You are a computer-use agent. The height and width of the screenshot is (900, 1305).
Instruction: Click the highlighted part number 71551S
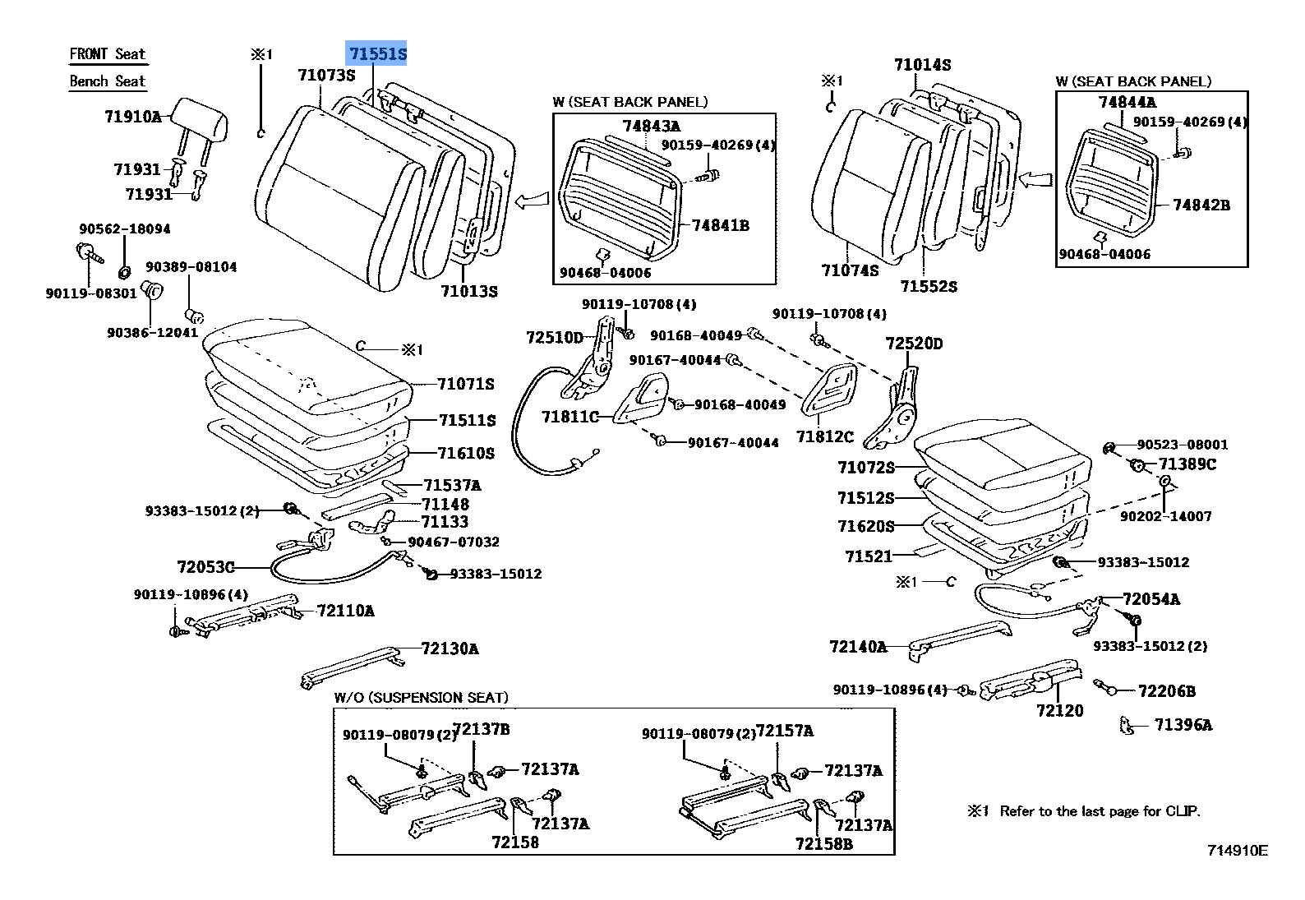point(377,54)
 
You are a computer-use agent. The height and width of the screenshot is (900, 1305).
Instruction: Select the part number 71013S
point(468,291)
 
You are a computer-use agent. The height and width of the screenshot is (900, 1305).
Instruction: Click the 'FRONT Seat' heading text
point(108,54)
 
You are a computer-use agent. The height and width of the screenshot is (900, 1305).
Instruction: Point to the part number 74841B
point(720,225)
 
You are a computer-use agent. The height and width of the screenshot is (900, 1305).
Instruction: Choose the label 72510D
point(554,337)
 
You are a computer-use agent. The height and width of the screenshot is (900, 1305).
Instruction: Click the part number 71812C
point(824,436)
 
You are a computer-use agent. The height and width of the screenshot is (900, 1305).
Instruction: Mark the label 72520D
point(913,344)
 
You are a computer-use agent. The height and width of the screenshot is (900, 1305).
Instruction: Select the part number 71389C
point(1187,464)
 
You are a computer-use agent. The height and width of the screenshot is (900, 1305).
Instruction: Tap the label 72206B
point(1166,691)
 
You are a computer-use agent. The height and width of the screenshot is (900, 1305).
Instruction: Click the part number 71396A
point(1183,725)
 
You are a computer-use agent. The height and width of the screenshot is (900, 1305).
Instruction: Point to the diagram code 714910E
point(1237,851)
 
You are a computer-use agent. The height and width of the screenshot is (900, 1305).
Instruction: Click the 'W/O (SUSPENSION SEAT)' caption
point(421,698)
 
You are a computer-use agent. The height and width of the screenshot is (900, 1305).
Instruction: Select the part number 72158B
point(823,843)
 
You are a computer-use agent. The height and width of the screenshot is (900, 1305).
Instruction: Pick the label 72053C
point(205,566)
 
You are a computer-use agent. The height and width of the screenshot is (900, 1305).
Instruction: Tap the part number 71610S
point(466,453)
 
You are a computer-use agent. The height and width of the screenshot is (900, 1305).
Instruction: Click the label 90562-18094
point(125,228)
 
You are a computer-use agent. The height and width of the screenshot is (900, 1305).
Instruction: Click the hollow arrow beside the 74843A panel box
point(533,199)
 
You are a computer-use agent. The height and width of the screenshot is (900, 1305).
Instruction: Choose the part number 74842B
point(1201,205)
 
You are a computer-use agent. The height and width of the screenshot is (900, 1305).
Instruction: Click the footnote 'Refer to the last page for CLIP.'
point(1100,811)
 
